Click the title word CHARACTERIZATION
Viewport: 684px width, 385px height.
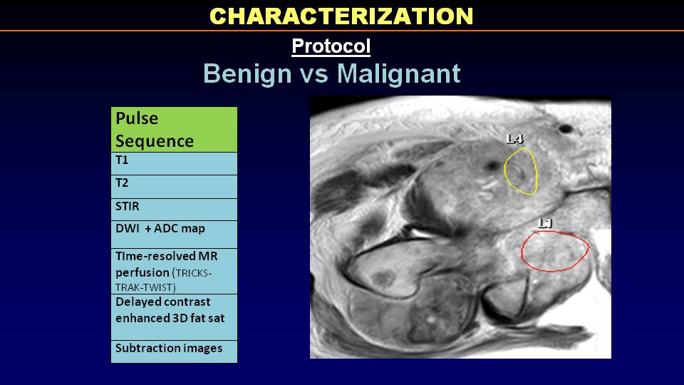tap(341, 16)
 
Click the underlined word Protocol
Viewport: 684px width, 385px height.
tap(331, 46)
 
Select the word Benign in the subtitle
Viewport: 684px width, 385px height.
tap(247, 73)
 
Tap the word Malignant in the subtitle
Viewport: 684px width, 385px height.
tap(399, 73)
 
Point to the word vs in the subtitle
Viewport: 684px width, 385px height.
tap(314, 74)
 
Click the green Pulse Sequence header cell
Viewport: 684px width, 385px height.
tap(174, 130)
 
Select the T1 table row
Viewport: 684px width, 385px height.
tap(174, 163)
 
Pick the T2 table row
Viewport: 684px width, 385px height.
tap(174, 186)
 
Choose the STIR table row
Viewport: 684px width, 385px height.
tap(174, 210)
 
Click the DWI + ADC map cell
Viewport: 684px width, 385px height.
tap(174, 235)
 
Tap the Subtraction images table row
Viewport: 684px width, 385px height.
tap(174, 351)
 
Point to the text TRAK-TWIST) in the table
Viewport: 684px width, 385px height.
tap(145, 287)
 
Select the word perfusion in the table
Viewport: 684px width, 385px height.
tap(142, 273)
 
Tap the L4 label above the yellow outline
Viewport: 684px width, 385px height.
tap(514, 139)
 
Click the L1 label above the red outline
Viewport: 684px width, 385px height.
tap(545, 223)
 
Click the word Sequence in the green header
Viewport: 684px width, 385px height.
tap(155, 141)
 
